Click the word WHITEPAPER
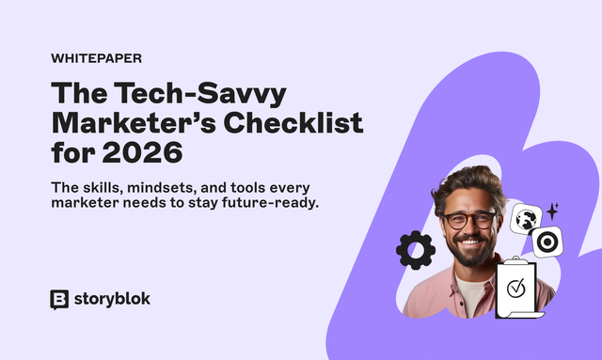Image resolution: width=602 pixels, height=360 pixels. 96,57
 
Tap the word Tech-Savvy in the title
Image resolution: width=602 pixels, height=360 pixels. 196,94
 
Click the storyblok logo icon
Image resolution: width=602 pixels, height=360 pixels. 59,299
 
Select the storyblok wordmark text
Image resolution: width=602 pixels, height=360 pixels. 112,299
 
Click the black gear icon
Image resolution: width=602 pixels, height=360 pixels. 415,250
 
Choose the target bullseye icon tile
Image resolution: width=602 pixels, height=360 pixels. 545,242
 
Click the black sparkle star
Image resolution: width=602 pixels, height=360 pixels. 553,210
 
